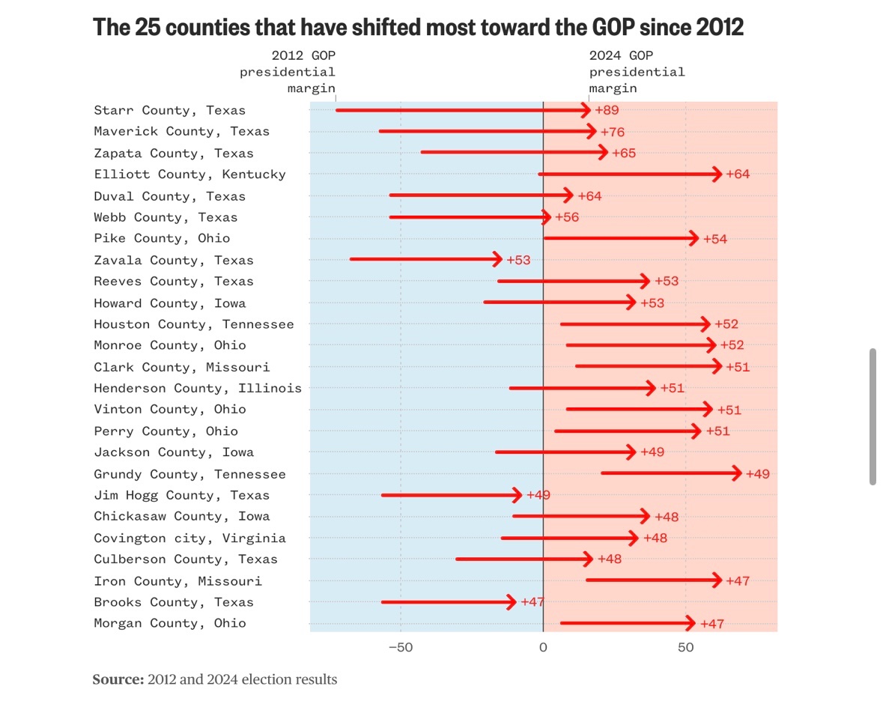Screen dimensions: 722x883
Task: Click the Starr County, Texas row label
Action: tap(169, 110)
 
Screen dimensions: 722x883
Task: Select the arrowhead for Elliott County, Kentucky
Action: tap(716, 175)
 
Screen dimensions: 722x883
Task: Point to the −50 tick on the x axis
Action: tap(400, 646)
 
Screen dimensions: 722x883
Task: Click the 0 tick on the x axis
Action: tap(543, 646)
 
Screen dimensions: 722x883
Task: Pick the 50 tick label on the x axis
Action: tap(685, 646)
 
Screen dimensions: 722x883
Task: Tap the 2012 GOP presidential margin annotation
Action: tap(288, 73)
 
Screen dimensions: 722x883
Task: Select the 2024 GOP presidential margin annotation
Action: tap(637, 73)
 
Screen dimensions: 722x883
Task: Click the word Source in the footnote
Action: tap(118, 680)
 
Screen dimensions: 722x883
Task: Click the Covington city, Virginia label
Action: tap(189, 538)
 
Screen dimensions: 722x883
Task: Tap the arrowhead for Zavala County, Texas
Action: tap(497, 260)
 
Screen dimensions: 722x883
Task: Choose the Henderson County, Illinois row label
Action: tap(198, 388)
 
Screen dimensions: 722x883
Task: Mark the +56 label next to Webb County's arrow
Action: tap(566, 218)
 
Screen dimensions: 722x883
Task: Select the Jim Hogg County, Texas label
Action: tap(181, 495)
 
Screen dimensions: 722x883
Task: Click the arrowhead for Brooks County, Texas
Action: tap(511, 602)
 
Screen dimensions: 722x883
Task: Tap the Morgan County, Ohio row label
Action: tap(169, 623)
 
